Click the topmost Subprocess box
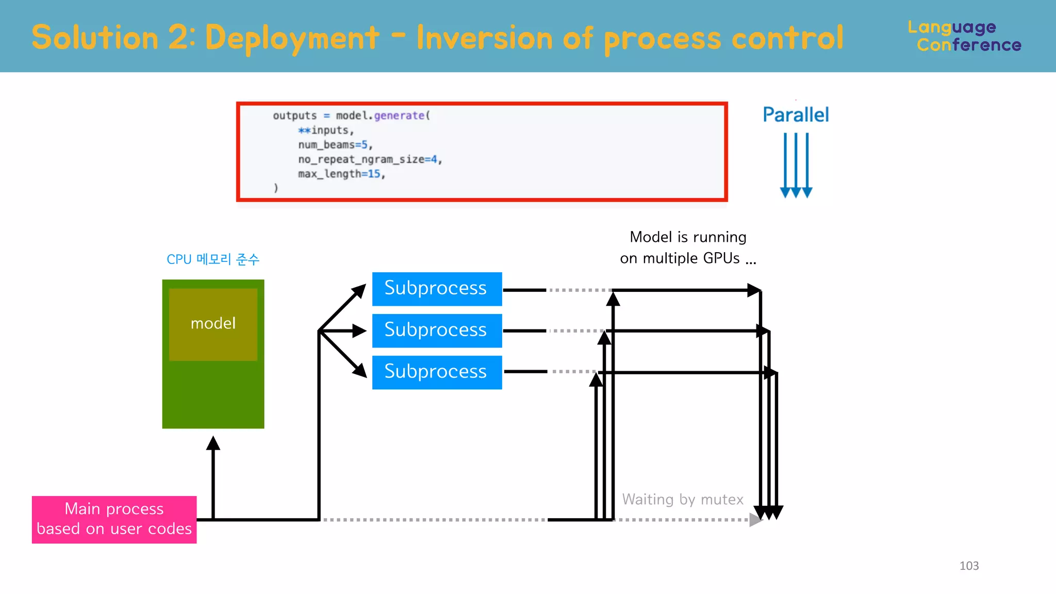click(437, 289)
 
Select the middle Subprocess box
click(437, 331)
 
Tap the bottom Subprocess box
click(437, 372)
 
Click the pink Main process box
click(114, 519)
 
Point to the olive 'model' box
click(213, 324)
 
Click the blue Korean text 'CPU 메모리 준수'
click(213, 259)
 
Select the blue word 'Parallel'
click(796, 114)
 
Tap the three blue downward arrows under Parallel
click(796, 165)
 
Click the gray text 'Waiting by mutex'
click(682, 499)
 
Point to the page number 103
click(969, 566)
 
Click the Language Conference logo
click(964, 36)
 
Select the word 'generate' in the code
click(399, 115)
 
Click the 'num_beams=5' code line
click(335, 145)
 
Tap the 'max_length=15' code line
click(341, 174)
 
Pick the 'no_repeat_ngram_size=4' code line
click(370, 159)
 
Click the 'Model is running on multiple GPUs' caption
click(688, 247)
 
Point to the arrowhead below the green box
click(213, 443)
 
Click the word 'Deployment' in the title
click(292, 38)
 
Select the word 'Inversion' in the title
click(484, 38)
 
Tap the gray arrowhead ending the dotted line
click(755, 520)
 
